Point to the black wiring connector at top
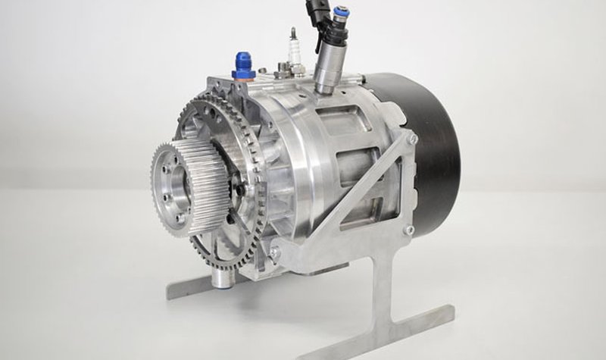(318, 11)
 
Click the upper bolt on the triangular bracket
(412, 139)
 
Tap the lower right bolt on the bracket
(409, 230)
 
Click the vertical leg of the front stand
(383, 292)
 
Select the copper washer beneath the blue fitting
(244, 77)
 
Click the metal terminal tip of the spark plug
(293, 33)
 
